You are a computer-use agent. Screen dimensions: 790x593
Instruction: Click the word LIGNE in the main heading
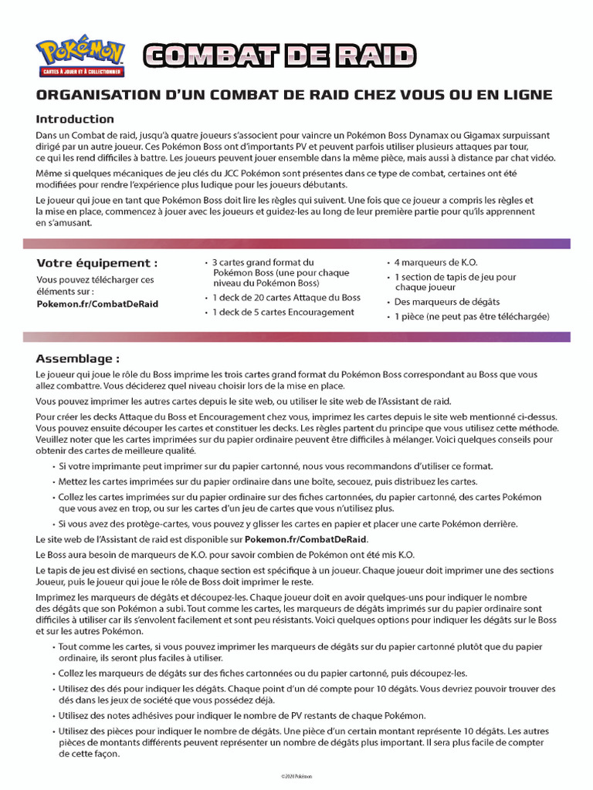click(525, 95)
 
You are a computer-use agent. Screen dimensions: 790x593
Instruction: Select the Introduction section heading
click(75, 119)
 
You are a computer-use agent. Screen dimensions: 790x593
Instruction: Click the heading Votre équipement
click(91, 263)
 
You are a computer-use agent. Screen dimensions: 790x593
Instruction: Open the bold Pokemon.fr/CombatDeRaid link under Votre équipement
click(97, 304)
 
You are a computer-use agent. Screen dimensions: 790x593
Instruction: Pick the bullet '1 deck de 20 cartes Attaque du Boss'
click(286, 298)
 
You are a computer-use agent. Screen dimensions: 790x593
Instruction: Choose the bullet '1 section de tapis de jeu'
click(455, 277)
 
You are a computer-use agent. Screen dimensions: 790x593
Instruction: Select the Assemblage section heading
click(77, 359)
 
